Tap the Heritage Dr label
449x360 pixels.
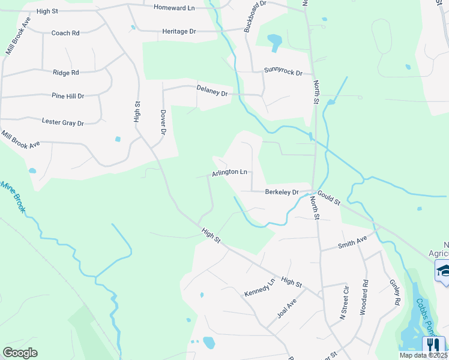coord(179,31)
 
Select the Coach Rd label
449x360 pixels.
coord(65,33)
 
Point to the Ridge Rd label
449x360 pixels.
coord(66,73)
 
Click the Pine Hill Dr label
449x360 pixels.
coord(68,95)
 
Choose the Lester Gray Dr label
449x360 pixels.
coord(63,122)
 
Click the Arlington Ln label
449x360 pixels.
coord(229,172)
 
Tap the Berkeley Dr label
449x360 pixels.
coord(282,192)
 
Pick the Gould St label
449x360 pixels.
coord(328,197)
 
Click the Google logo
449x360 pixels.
coord(20,353)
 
